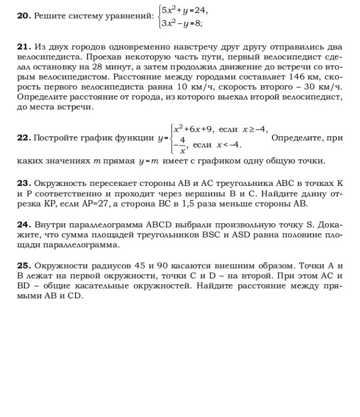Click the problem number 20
pos(23,16)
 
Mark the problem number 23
pos(23,184)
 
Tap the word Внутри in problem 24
pos(49,225)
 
